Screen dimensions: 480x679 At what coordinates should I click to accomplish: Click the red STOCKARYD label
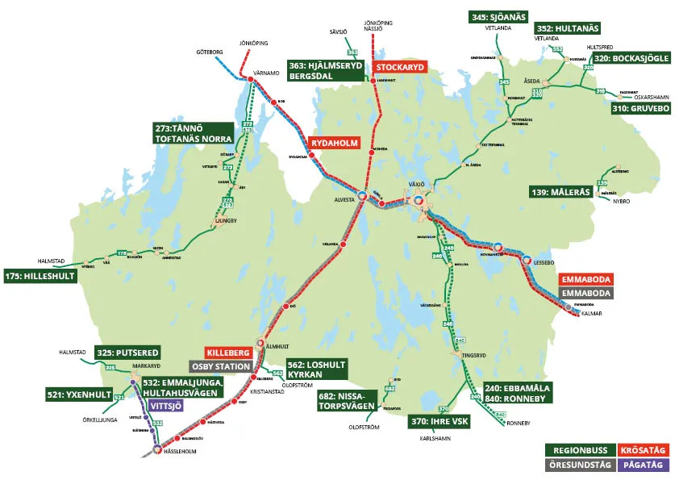pos(399,68)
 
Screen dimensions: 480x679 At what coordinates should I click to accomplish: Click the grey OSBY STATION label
pos(218,366)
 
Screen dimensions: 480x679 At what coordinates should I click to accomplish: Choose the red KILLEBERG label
pos(230,353)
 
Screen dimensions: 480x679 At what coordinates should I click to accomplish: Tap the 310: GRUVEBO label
pos(640,107)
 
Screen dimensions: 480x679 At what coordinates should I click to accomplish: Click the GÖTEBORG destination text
pos(209,52)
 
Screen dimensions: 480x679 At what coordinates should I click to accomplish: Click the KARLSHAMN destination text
pos(435,439)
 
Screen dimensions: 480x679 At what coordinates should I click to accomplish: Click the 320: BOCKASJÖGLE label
pos(632,58)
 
